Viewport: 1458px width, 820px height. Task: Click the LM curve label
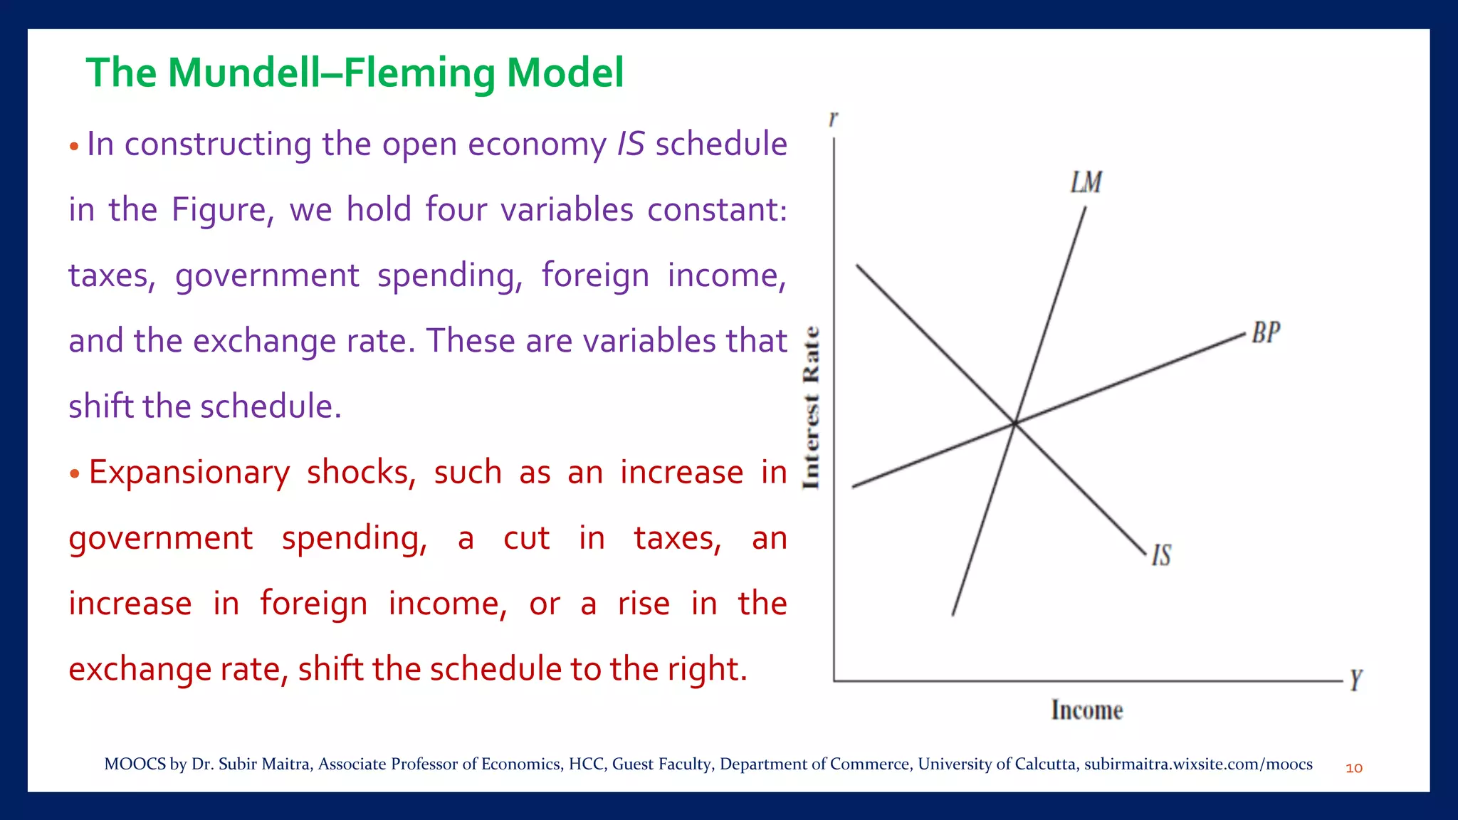click(x=1086, y=182)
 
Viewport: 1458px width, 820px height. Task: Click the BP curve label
click(x=1266, y=332)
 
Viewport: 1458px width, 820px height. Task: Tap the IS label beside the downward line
click(x=1162, y=555)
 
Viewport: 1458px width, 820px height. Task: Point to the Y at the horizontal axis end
click(x=1355, y=680)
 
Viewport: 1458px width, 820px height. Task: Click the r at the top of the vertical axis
click(x=833, y=119)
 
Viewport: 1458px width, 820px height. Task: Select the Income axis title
click(x=1087, y=710)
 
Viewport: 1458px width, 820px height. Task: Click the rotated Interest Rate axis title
click(x=812, y=408)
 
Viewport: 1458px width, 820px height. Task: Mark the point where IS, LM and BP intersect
click(x=1014, y=424)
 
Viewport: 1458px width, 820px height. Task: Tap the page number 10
click(x=1354, y=768)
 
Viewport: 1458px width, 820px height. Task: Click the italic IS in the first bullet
click(x=631, y=144)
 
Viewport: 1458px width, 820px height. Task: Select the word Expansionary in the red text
click(x=189, y=472)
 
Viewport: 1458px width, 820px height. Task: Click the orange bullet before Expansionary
click(x=74, y=474)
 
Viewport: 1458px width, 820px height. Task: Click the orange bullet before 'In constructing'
click(x=74, y=147)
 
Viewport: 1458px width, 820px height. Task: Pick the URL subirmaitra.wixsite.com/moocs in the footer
click(x=1198, y=764)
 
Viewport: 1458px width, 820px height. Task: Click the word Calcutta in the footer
click(x=1046, y=764)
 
